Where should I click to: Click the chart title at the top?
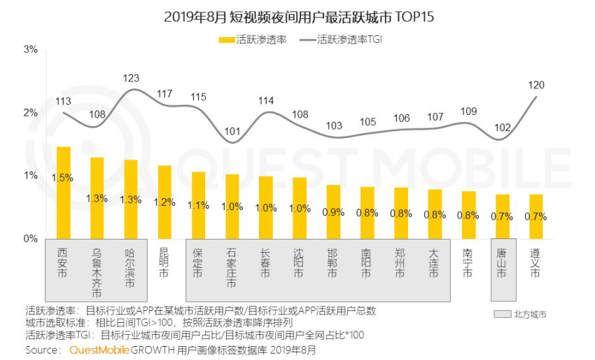[297, 15]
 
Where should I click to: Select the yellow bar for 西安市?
[64, 193]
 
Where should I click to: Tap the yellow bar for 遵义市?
[535, 216]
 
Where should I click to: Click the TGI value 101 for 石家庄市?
[232, 131]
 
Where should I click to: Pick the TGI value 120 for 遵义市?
[535, 85]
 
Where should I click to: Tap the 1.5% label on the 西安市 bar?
[64, 178]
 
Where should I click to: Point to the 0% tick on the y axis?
[30, 239]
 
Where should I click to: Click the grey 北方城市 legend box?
[502, 314]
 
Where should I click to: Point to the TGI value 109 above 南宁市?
[468, 111]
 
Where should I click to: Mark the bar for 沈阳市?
[300, 208]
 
